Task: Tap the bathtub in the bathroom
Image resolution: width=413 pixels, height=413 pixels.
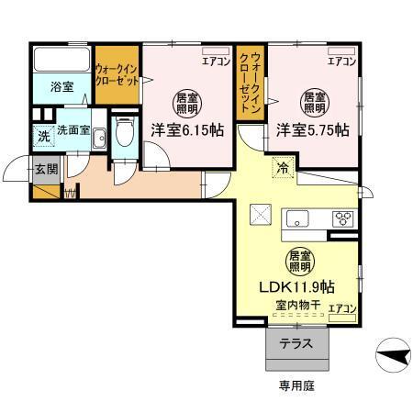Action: coord(61,61)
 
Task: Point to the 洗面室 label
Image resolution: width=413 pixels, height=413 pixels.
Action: coord(73,130)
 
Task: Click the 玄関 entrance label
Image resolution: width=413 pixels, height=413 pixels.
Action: coord(46,169)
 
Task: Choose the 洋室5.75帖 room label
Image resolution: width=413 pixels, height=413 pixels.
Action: coord(312,130)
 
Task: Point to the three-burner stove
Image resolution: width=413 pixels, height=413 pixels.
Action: coord(343,218)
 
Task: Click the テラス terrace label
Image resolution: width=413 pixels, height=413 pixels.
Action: coord(296,345)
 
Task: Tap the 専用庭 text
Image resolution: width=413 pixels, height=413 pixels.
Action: coord(296,386)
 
